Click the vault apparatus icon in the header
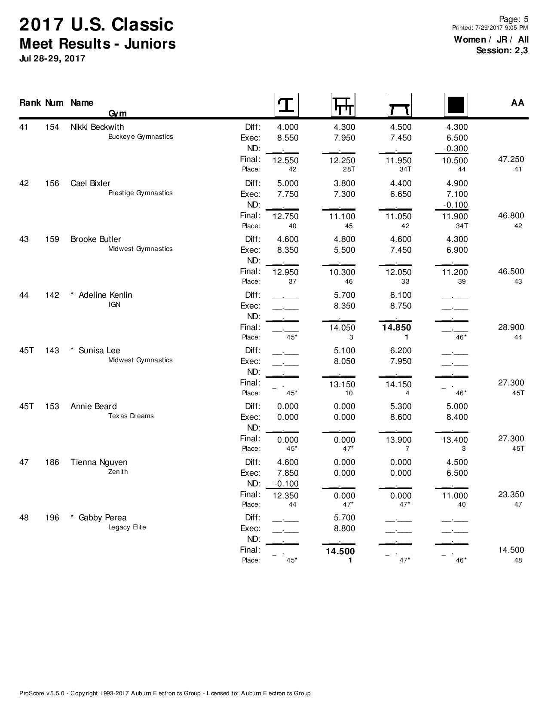pyautogui.click(x=286, y=105)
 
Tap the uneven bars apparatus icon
pyautogui.click(x=343, y=105)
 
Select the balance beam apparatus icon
pyautogui.click(x=399, y=105)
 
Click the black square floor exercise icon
pyautogui.click(x=456, y=105)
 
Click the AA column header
pyautogui.click(x=517, y=103)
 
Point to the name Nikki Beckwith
pyautogui.click(x=97, y=127)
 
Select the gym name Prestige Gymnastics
pyautogui.click(x=140, y=193)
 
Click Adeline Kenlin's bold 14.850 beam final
pyautogui.click(x=397, y=327)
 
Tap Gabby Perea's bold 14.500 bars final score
pyautogui.click(x=340, y=551)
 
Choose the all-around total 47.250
pyautogui.click(x=511, y=159)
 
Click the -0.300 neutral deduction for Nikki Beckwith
pyautogui.click(x=455, y=149)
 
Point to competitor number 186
pyautogui.click(x=52, y=462)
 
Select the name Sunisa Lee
pyautogui.click(x=99, y=351)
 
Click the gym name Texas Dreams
pyautogui.click(x=131, y=416)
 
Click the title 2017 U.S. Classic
pyautogui.click(x=96, y=24)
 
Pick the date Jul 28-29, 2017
pyautogui.click(x=52, y=58)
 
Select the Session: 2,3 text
pyautogui.click(x=502, y=50)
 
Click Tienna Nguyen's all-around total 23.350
pyautogui.click(x=511, y=495)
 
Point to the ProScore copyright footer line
pyautogui.click(x=165, y=693)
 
